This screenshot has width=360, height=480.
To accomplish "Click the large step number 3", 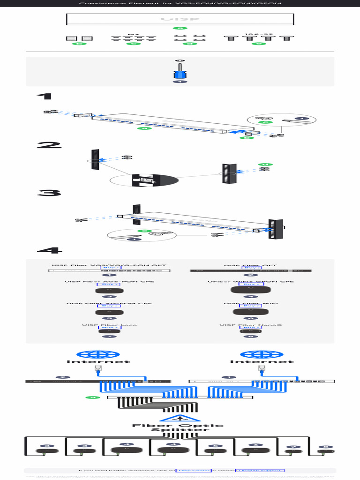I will (x=49, y=193).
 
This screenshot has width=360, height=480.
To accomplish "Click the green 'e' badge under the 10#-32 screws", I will (x=258, y=44).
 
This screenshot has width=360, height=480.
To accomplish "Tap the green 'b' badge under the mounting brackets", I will (x=79, y=44).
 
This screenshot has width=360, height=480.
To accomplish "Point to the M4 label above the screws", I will (x=134, y=34).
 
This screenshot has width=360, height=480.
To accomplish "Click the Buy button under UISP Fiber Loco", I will (x=109, y=328).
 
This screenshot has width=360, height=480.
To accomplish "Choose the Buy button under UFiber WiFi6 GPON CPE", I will (x=251, y=285).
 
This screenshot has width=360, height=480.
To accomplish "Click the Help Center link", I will (x=193, y=470).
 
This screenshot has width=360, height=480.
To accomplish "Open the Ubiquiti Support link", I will (x=260, y=470).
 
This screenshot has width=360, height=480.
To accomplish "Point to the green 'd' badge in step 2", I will (x=265, y=165).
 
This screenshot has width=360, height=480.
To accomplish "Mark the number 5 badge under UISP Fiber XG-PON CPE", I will (x=109, y=318).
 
